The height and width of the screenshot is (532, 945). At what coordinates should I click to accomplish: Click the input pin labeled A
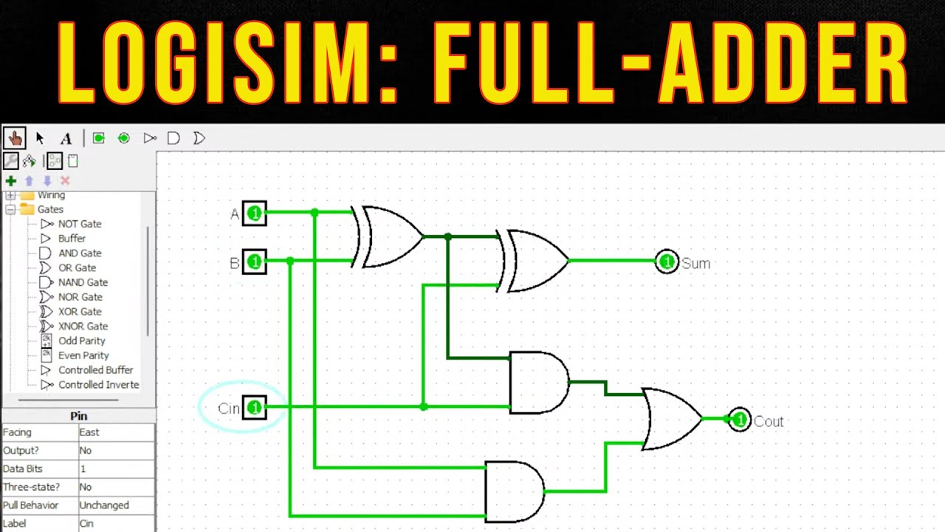254,214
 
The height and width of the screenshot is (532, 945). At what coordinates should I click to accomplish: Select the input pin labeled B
254,262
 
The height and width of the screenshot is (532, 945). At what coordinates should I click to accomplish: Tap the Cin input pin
254,407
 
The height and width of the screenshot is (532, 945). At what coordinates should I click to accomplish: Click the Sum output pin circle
667,262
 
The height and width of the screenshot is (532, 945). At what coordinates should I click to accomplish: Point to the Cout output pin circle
739,420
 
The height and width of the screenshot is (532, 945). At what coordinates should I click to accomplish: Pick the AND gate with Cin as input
538,382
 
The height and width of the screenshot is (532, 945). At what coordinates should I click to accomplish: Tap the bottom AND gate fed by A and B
514,491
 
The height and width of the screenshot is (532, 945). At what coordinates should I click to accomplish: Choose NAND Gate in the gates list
83,282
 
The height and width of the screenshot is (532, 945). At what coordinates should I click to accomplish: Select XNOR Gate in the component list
83,326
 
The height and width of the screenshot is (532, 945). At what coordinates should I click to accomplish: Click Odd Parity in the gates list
81,341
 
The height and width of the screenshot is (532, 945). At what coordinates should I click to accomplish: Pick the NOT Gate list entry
80,224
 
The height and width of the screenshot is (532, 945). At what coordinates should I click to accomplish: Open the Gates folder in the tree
50,209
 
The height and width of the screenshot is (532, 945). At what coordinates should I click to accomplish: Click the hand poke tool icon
15,138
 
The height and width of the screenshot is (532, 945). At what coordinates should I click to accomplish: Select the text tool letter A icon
66,138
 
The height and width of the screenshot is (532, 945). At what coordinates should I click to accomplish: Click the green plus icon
10,180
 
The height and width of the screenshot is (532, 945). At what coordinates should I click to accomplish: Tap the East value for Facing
89,432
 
